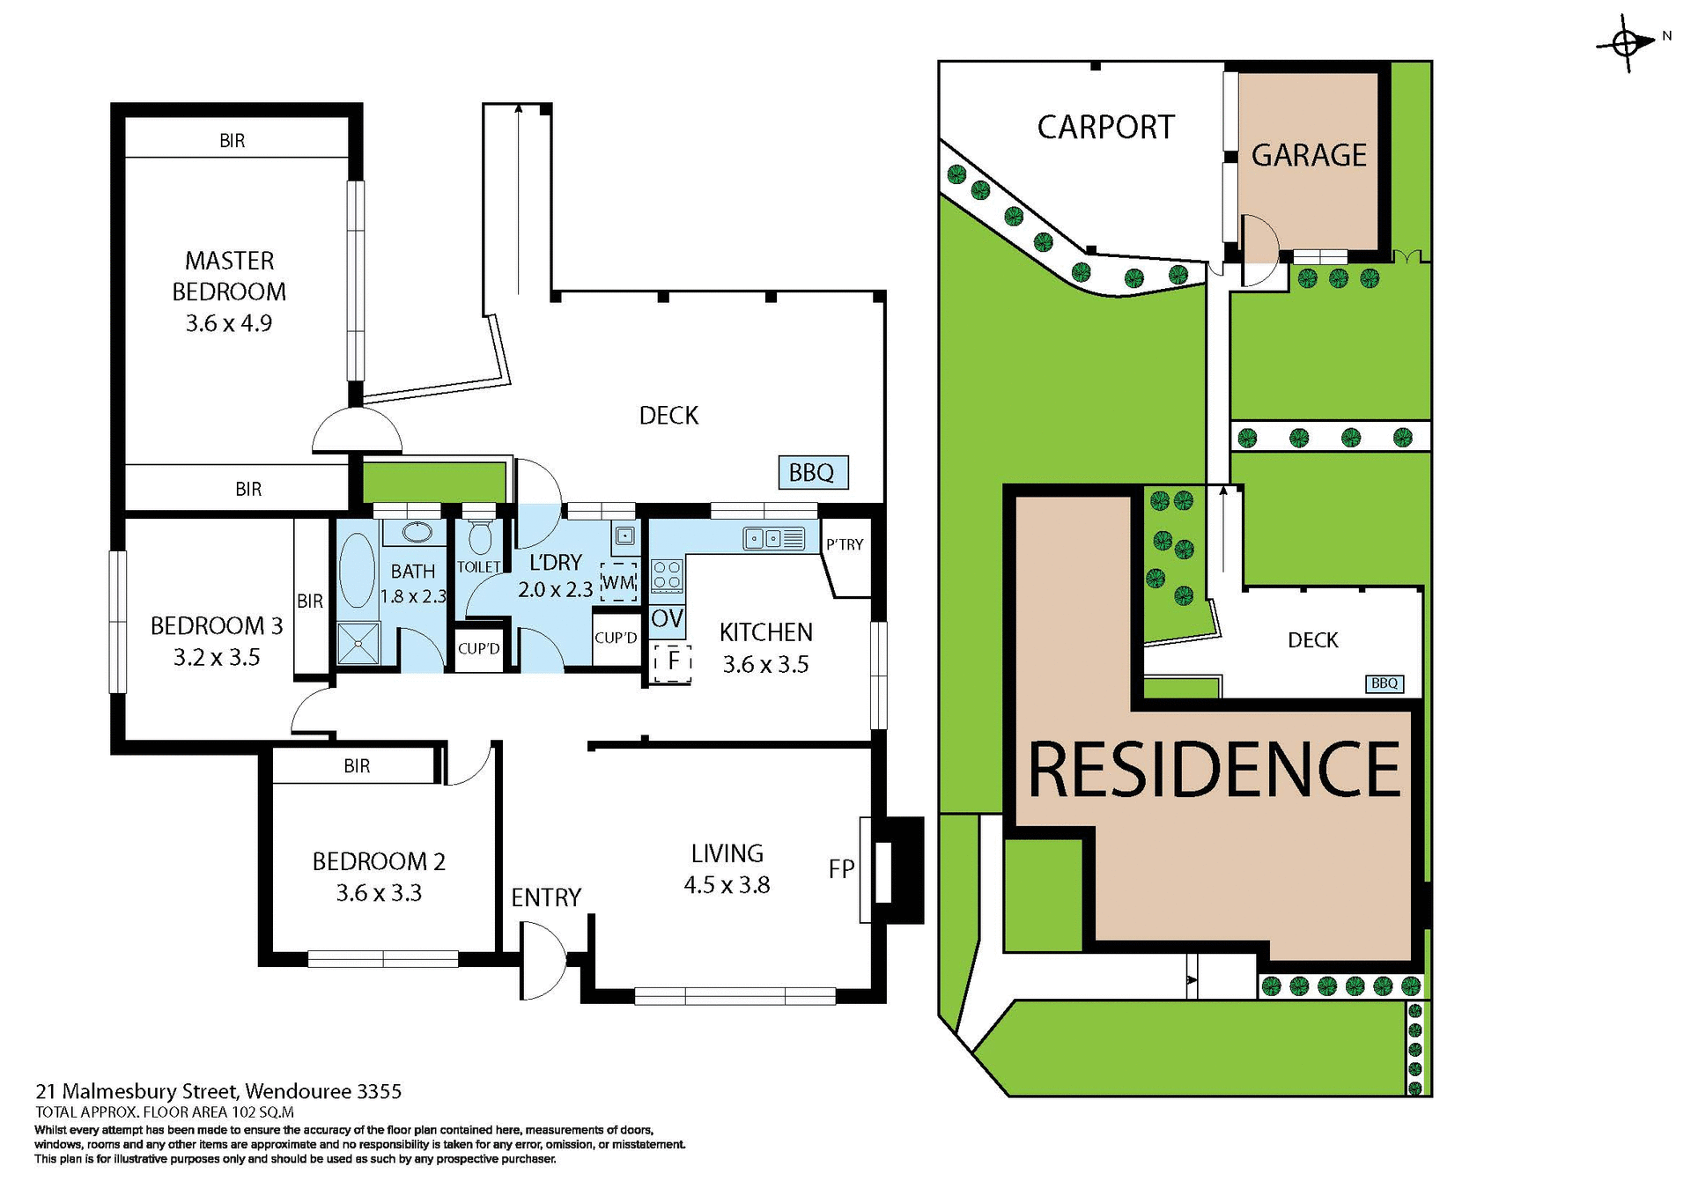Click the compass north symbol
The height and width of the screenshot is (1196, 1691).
[x=1626, y=42]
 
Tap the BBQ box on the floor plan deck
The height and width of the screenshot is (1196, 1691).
[x=812, y=473]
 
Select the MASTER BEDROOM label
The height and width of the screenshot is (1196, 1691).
[x=229, y=276]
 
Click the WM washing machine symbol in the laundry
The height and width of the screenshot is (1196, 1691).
[x=618, y=582]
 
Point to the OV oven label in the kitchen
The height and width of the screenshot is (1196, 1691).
[x=667, y=618]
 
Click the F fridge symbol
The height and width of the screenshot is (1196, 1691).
[x=673, y=660]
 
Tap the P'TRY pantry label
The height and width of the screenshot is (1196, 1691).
[x=845, y=544]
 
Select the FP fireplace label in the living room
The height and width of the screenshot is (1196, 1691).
[x=841, y=869]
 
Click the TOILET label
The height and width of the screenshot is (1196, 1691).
[x=478, y=567]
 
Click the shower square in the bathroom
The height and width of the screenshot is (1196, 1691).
[x=358, y=643]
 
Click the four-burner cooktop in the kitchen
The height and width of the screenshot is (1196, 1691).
[x=667, y=576]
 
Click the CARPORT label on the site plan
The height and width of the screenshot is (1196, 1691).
[x=1105, y=128]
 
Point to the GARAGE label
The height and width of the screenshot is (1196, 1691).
[x=1309, y=156]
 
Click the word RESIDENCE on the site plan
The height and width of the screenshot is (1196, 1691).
[x=1214, y=770]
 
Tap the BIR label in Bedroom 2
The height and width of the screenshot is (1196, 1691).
[x=357, y=766]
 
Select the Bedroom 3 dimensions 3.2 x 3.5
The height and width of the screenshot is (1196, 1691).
[x=217, y=658]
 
